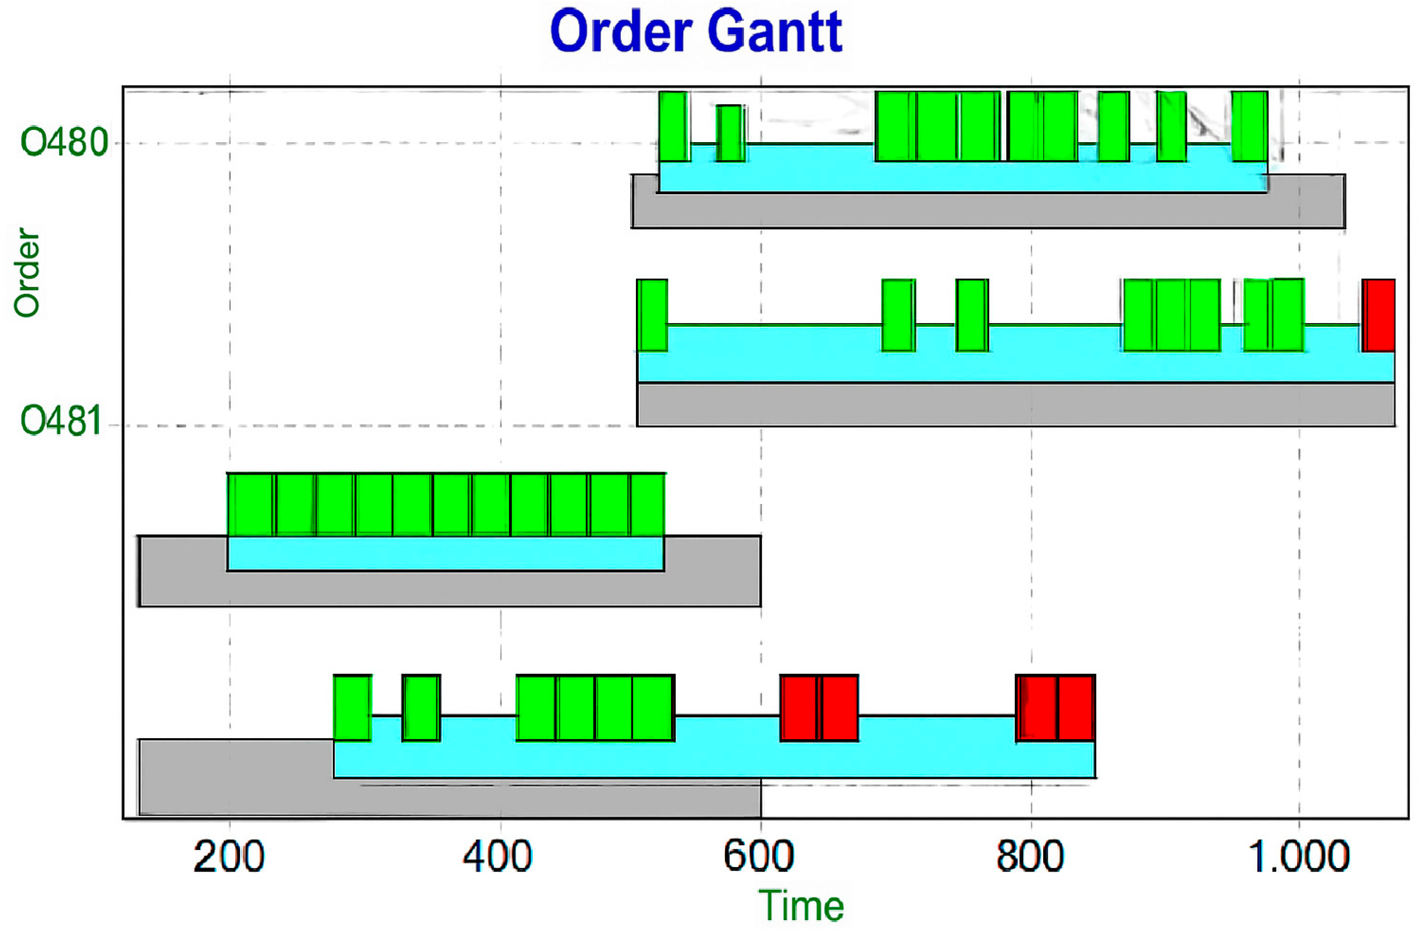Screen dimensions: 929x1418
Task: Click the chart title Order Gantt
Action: point(695,31)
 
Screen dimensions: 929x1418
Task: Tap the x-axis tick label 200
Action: point(229,857)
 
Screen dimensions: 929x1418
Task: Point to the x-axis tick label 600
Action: point(758,857)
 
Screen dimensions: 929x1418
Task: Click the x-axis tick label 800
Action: point(1029,857)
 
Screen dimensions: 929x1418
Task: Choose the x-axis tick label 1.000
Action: point(1299,857)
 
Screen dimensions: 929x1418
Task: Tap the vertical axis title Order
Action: point(28,272)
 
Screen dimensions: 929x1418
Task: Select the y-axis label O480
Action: point(64,143)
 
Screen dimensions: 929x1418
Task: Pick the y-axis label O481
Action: point(62,420)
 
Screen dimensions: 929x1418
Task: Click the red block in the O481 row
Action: point(1379,315)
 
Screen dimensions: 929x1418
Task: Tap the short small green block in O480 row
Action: point(730,133)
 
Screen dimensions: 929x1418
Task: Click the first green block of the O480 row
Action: point(674,126)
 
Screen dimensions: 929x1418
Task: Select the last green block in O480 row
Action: point(1249,126)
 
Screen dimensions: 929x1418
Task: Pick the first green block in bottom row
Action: point(352,707)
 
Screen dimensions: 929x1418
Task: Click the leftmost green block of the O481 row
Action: point(652,315)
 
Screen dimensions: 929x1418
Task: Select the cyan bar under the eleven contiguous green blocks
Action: point(445,554)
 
